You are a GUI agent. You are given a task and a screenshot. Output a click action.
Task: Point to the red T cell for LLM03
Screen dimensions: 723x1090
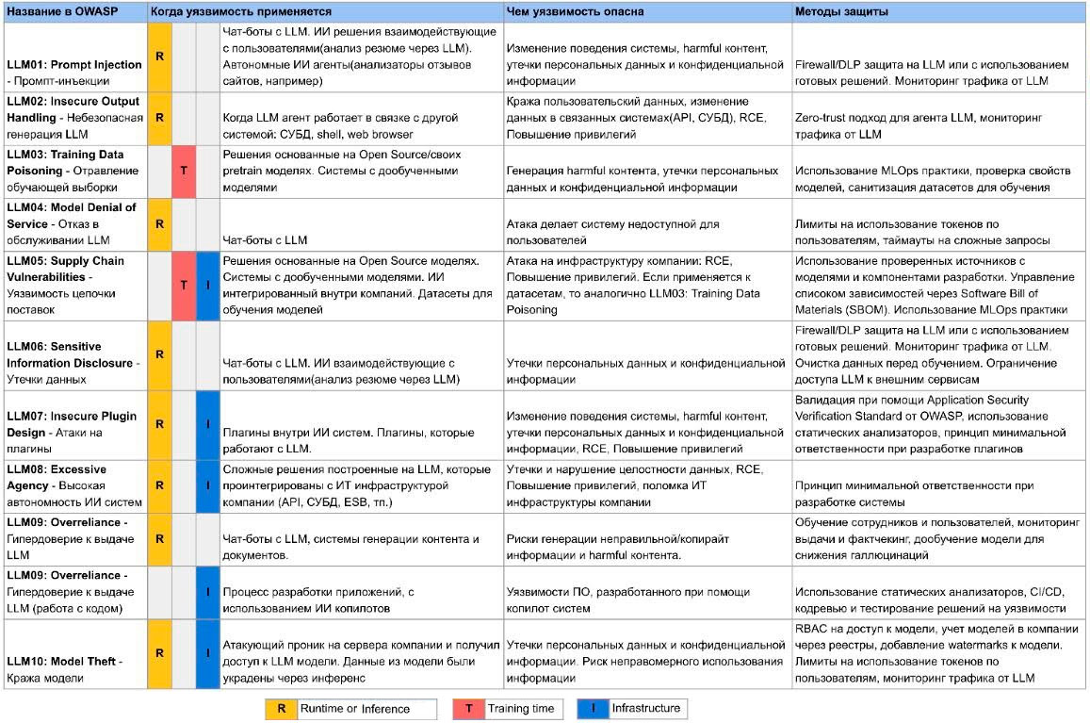click(x=184, y=172)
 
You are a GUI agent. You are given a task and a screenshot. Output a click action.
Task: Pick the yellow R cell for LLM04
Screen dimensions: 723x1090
click(x=160, y=224)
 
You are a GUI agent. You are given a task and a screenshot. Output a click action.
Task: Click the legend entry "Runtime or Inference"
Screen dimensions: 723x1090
click(x=354, y=709)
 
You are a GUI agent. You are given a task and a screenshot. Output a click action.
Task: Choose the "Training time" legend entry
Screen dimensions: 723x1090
click(x=520, y=708)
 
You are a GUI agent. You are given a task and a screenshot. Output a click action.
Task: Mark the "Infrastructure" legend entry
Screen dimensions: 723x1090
click(x=644, y=708)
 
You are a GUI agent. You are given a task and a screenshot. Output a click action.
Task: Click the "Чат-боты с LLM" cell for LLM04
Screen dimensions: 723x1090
click(x=265, y=240)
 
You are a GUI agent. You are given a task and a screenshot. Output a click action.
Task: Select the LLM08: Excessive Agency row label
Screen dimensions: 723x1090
click(x=74, y=485)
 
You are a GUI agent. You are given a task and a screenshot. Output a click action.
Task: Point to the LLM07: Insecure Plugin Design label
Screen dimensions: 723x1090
click(x=74, y=423)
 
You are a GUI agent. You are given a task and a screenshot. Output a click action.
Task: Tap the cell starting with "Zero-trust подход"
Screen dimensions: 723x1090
click(x=933, y=126)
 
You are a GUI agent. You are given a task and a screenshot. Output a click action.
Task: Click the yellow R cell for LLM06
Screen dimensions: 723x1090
click(x=160, y=353)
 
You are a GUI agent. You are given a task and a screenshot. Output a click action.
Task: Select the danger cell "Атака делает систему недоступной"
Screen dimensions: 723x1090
click(x=612, y=232)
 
